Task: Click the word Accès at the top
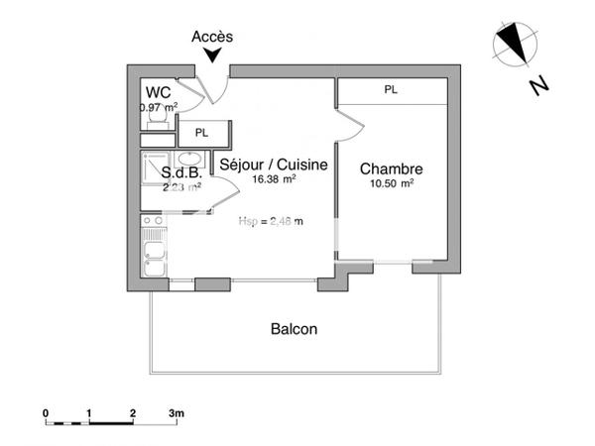[x=212, y=37]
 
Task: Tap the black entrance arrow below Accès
[x=212, y=57]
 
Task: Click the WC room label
[x=157, y=91]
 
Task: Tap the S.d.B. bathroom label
[x=181, y=172]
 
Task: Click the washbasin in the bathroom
[x=190, y=159]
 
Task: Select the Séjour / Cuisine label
[x=273, y=165]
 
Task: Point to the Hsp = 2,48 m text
[x=271, y=221]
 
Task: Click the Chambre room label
[x=391, y=168]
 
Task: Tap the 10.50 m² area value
[x=391, y=183]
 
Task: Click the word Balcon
[x=294, y=329]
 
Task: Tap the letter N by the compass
[x=539, y=86]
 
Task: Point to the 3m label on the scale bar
[x=177, y=411]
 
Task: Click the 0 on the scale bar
[x=46, y=411]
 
